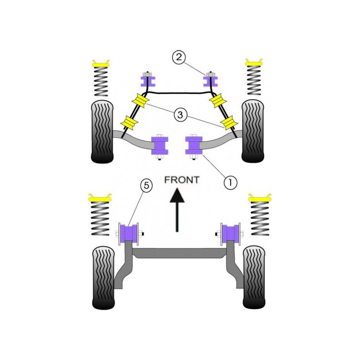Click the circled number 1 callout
[x=230, y=183]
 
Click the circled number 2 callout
[x=179, y=57]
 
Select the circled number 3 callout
[x=180, y=115]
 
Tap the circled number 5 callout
[x=147, y=185]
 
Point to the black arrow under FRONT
[x=177, y=210]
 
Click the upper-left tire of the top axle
[x=103, y=132]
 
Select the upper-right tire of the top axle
[x=253, y=131]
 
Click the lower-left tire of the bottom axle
[x=103, y=278]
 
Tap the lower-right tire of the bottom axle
[x=254, y=277]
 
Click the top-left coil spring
[x=101, y=81]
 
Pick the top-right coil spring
[x=254, y=81]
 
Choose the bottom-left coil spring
[x=100, y=219]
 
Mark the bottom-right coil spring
[x=260, y=218]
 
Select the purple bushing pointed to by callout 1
[x=194, y=145]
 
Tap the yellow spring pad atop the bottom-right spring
[x=260, y=198]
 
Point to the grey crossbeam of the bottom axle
[x=179, y=253]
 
